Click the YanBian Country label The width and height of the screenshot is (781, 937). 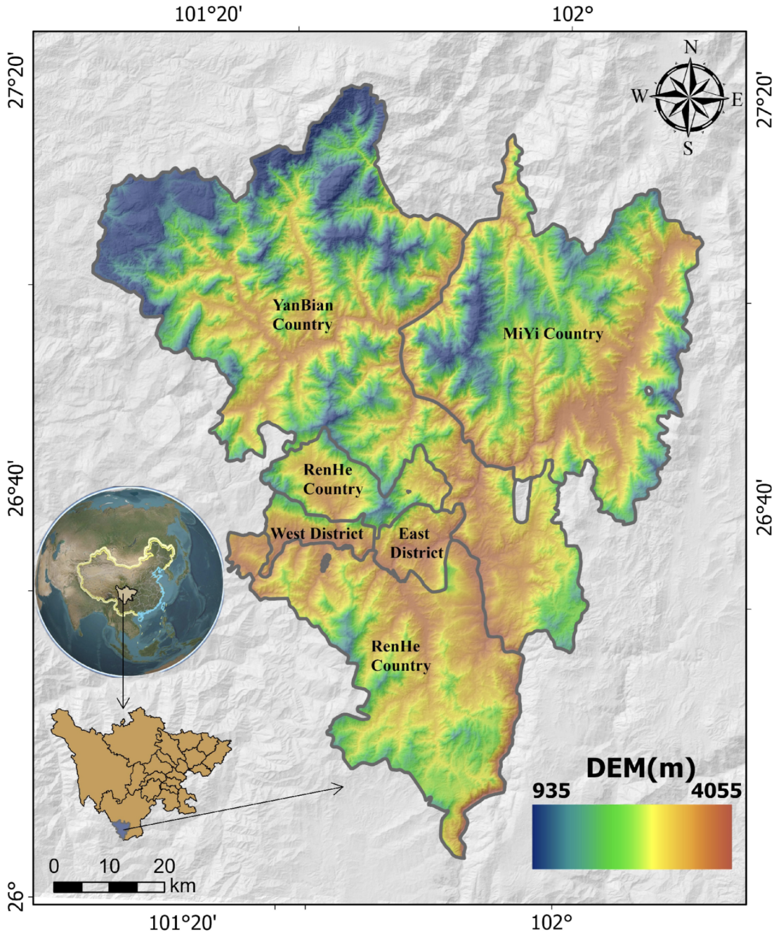303,315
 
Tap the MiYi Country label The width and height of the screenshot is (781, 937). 553,334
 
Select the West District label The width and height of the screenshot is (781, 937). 317,534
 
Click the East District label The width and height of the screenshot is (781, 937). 416,543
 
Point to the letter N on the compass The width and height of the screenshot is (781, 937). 691,48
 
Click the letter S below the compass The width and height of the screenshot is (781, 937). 688,148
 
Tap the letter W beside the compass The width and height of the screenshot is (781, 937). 640,96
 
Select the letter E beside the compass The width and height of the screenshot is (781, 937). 737,100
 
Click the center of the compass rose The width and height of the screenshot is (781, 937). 689,97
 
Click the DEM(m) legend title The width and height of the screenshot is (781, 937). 640,768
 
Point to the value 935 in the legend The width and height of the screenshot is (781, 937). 551,791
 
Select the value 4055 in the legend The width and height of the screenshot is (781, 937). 716,791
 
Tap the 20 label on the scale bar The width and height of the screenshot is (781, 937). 164,866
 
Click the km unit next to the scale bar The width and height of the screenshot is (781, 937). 183,886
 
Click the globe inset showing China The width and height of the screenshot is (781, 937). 129,581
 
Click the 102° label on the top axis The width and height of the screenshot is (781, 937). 573,13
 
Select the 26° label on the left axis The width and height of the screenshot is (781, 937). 16,900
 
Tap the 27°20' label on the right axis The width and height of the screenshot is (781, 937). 765,100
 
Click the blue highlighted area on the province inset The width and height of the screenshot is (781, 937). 122,829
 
